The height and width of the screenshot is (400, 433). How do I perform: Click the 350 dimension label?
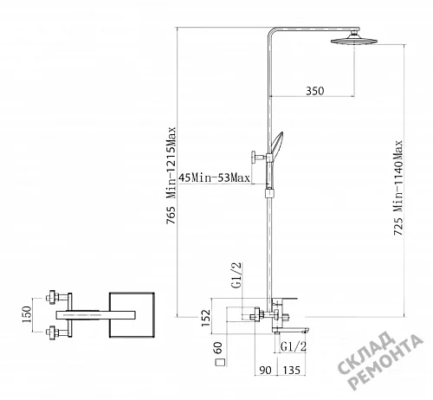click(315, 91)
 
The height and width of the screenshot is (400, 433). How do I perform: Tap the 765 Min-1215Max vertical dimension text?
click(171, 176)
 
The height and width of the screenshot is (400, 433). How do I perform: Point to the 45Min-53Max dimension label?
click(214, 177)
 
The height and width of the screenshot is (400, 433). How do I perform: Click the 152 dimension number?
click(206, 318)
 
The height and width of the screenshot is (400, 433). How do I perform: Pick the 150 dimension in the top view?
click(26, 314)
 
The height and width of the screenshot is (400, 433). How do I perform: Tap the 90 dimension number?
click(265, 370)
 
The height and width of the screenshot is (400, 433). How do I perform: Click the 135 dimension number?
click(291, 370)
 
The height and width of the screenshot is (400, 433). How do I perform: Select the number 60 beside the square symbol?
click(218, 347)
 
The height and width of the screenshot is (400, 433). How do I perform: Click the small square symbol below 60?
click(220, 362)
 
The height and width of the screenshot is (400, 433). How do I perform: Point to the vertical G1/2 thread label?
click(236, 275)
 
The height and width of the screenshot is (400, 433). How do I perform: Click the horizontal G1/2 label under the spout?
click(293, 346)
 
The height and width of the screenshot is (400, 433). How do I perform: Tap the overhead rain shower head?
click(354, 39)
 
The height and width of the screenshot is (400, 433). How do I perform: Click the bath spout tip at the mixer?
click(306, 331)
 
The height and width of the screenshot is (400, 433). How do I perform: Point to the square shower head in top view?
click(132, 315)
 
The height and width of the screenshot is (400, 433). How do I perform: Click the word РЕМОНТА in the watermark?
click(386, 363)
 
